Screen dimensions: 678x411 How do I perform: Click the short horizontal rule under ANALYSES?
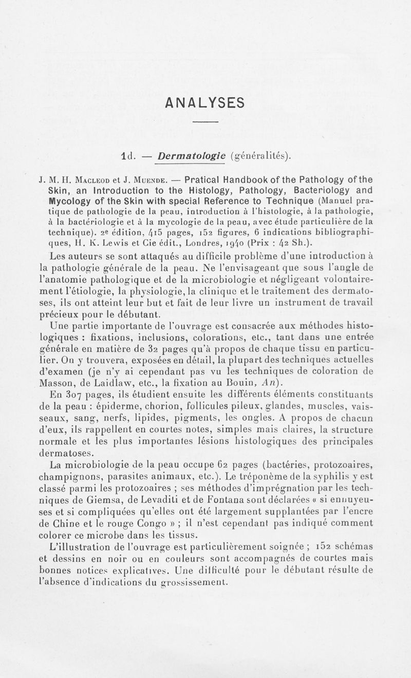point(206,121)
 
